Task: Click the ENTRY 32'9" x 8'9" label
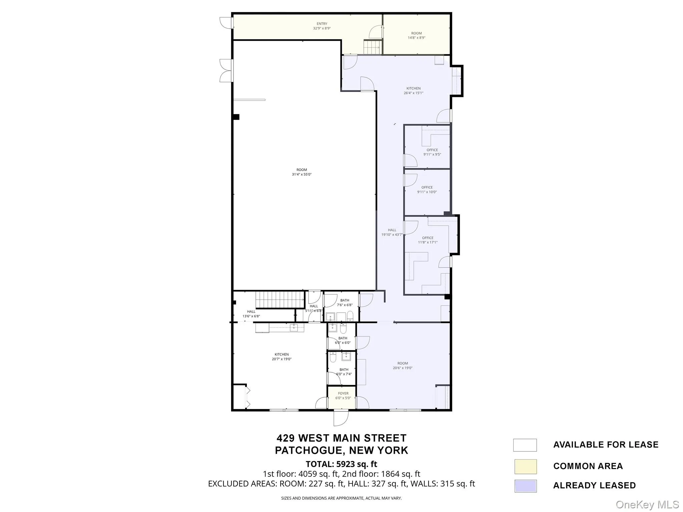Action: point(322,26)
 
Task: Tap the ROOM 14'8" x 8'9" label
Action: point(416,35)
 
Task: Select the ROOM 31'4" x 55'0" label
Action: point(301,172)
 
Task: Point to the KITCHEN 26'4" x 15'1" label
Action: point(413,91)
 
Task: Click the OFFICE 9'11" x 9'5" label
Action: point(432,152)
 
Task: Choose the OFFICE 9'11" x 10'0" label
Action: point(427,189)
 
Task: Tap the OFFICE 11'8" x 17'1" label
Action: point(428,240)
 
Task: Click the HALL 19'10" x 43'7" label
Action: point(392,232)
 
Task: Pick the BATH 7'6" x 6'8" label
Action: point(345,302)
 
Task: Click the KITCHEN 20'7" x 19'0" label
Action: point(281,357)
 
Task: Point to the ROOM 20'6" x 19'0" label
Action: point(403,365)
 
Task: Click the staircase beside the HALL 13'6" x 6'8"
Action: point(280,299)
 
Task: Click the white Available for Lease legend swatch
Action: point(525,445)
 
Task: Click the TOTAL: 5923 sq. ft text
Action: point(341,464)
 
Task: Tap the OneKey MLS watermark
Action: point(647,505)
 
